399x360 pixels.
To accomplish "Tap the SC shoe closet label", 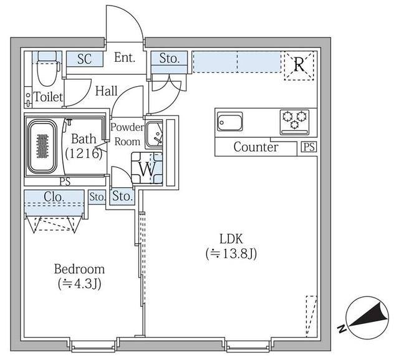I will (85, 59).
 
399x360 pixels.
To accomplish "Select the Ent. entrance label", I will (125, 59).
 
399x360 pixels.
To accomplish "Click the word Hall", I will (107, 91).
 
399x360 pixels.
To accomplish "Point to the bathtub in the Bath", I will (42, 147).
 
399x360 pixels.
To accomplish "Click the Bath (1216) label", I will (83, 146).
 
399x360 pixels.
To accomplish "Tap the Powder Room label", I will (127, 134).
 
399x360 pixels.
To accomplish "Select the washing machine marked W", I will (148, 168).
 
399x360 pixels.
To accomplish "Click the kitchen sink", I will (229, 122).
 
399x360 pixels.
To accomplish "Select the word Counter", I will (256, 148).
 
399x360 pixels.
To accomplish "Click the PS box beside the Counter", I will (308, 148).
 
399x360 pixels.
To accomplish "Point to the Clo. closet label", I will (54, 197).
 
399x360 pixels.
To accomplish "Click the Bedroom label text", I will (79, 270).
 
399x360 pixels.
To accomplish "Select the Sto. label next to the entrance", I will (169, 59).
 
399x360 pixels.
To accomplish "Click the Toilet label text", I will (48, 97).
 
